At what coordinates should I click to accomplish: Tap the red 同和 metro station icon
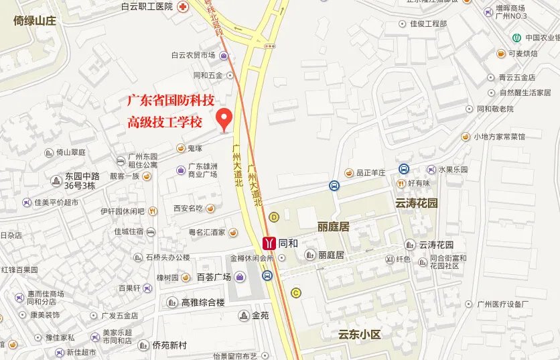pyautogui.click(x=269, y=243)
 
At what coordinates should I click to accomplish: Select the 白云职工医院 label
pyautogui.click(x=147, y=6)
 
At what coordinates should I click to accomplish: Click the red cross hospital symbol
pyautogui.click(x=183, y=6)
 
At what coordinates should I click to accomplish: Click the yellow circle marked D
pyautogui.click(x=274, y=217)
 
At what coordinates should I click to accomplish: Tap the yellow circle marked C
pyautogui.click(x=295, y=293)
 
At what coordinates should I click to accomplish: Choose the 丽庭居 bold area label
pyautogui.click(x=334, y=227)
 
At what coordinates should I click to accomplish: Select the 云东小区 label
pyautogui.click(x=360, y=334)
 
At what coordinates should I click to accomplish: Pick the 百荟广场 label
pyautogui.click(x=214, y=277)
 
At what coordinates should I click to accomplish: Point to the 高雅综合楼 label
pyautogui.click(x=202, y=302)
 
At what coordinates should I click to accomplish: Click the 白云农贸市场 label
pyautogui.click(x=194, y=56)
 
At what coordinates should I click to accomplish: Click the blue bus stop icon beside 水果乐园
pyautogui.click(x=405, y=170)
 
